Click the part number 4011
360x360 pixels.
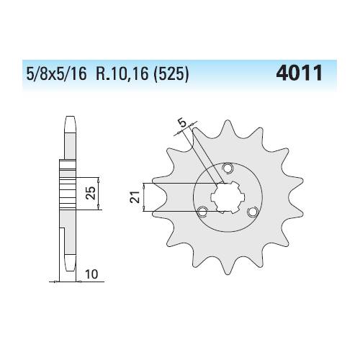tap(299, 73)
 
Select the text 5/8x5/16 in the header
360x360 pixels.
tap(56, 73)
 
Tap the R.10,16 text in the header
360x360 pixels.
tap(122, 73)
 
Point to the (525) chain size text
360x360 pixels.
tap(171, 73)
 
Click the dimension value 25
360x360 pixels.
tap(91, 193)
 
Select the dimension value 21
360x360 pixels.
tap(135, 197)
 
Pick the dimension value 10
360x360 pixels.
tap(91, 274)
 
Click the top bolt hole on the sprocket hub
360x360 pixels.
tap(228, 168)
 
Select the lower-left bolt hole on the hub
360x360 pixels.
tap(203, 212)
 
